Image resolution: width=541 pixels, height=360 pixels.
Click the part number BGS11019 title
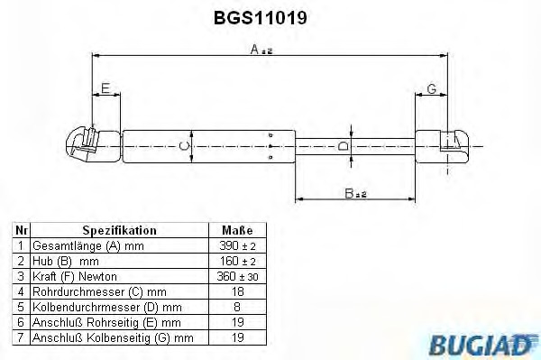(x=261, y=17)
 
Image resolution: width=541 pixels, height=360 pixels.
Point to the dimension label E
(x=105, y=88)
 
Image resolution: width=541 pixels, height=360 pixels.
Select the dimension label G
(x=432, y=88)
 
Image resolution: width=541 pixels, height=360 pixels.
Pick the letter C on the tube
(x=185, y=146)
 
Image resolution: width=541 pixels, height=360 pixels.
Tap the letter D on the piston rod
(x=344, y=146)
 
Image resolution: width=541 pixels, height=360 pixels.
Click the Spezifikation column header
(x=119, y=230)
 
